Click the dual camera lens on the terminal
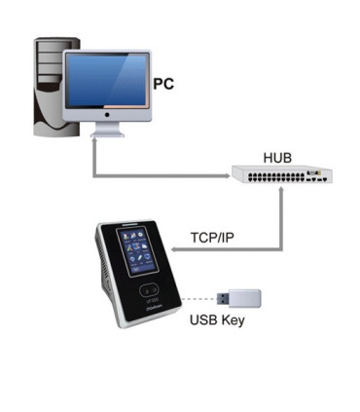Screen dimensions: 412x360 (x=149, y=289)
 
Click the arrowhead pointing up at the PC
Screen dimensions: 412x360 (x=93, y=143)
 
